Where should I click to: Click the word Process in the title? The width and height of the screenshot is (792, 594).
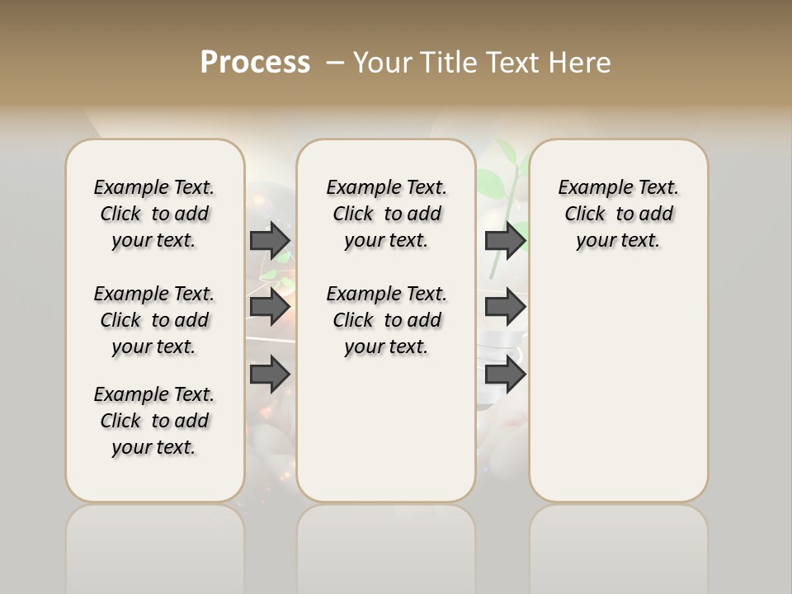point(255,62)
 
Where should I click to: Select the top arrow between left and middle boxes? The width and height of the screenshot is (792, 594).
point(270,240)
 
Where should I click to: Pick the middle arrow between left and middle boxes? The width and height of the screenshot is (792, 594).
point(270,307)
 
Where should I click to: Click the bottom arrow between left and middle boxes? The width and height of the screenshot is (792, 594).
point(270,375)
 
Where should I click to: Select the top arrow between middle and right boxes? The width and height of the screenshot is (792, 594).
point(505,240)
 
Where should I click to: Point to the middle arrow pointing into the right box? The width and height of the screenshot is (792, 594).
point(505,307)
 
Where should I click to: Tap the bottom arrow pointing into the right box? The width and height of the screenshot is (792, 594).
point(505,375)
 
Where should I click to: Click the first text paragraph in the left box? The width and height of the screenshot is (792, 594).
point(154,214)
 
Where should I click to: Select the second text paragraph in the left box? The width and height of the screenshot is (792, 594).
point(154,320)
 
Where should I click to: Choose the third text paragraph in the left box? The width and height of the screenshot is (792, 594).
point(154,421)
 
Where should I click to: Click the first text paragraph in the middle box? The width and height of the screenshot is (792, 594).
point(386,214)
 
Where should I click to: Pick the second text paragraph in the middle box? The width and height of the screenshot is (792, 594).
point(386,320)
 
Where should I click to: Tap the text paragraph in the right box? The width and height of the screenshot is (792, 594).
point(619,214)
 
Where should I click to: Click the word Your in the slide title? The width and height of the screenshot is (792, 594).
point(384,62)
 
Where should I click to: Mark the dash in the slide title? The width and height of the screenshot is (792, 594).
point(335,62)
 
